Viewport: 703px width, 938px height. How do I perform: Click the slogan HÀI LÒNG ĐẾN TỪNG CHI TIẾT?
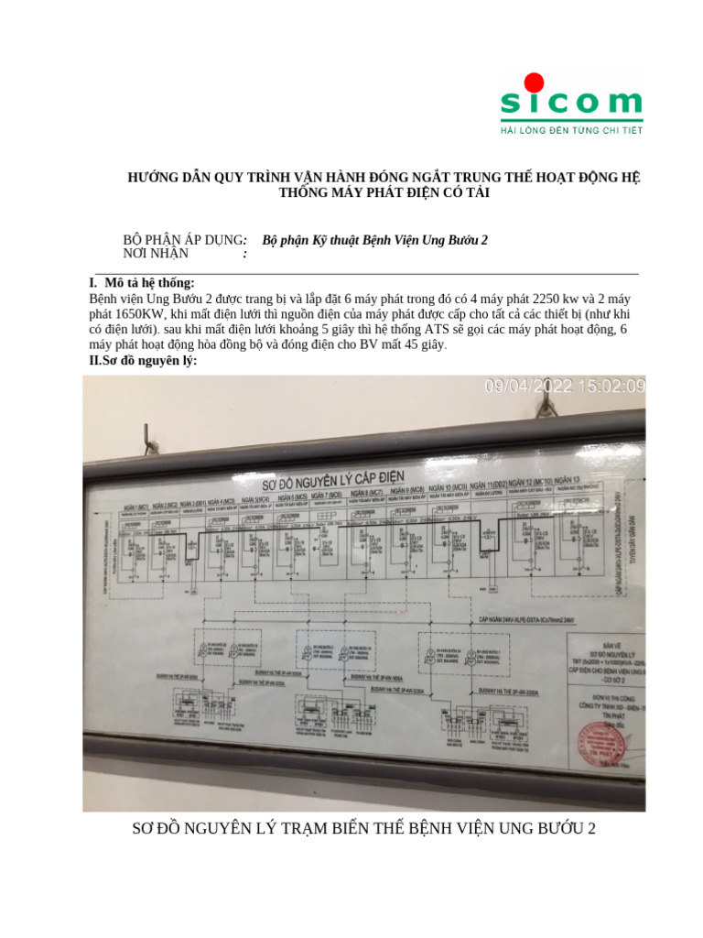click(x=571, y=131)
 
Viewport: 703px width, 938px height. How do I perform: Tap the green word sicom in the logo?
click(x=571, y=103)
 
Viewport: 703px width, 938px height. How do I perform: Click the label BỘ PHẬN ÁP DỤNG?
click(x=184, y=239)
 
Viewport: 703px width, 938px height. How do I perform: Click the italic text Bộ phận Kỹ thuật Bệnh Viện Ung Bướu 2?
click(x=374, y=239)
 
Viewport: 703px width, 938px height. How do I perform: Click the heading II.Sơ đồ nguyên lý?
click(x=143, y=361)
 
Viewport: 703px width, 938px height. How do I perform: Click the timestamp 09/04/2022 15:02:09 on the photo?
click(x=562, y=387)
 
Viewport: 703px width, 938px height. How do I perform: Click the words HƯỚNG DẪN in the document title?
click(x=160, y=178)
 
